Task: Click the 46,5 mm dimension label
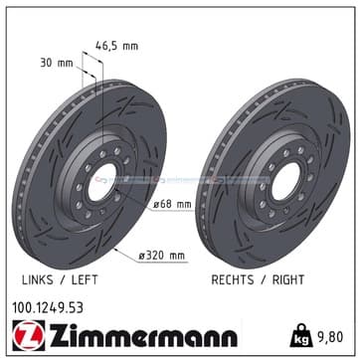click(x=116, y=46)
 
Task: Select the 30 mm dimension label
click(x=57, y=63)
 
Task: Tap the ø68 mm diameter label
click(x=172, y=204)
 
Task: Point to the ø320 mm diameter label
click(x=162, y=256)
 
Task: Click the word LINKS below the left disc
click(x=37, y=279)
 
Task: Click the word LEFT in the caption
click(x=85, y=279)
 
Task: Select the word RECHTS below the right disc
click(x=232, y=279)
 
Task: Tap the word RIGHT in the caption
click(x=288, y=279)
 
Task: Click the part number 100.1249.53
click(x=48, y=308)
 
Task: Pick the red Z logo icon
click(x=29, y=335)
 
